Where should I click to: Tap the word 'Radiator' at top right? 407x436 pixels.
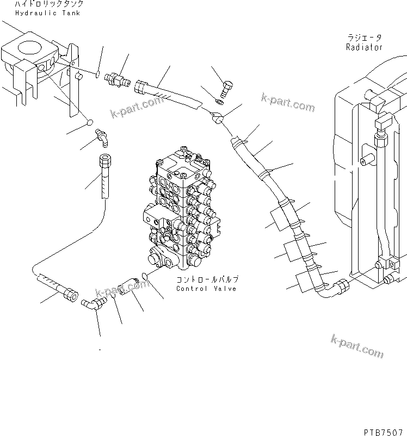tap(364, 47)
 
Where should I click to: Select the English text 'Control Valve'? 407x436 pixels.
tap(206, 289)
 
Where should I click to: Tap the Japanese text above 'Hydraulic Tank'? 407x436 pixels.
tap(49, 4)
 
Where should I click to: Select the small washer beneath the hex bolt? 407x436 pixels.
tap(219, 101)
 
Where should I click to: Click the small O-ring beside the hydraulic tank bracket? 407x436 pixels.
tap(97, 74)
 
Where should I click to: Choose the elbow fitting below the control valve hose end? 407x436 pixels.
tap(92, 304)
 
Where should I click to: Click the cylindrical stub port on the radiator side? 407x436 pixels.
tap(366, 160)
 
